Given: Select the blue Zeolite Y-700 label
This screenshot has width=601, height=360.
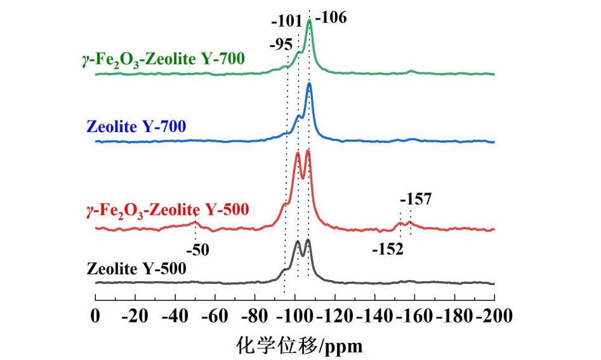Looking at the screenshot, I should (x=135, y=127).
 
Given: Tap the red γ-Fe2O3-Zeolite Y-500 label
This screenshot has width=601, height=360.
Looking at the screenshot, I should (x=166, y=209).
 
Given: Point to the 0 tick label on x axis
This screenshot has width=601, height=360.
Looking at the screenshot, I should (x=95, y=314).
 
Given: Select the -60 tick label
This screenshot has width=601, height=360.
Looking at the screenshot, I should (x=215, y=314).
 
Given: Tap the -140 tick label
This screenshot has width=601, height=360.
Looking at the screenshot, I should (x=374, y=314).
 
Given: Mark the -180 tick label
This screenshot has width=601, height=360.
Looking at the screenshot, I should (x=454, y=314).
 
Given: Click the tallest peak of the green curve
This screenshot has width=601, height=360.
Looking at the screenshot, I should (x=309, y=22).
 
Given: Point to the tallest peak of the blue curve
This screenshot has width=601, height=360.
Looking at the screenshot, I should (x=309, y=84).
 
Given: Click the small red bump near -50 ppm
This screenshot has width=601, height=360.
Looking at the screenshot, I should (x=195, y=223).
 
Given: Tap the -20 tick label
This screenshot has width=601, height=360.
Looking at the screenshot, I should (x=135, y=314).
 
